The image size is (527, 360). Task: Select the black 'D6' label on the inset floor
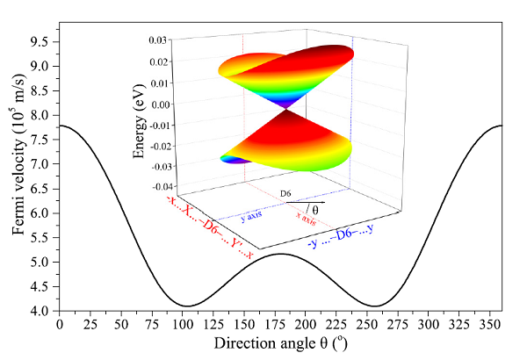click(286, 195)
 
